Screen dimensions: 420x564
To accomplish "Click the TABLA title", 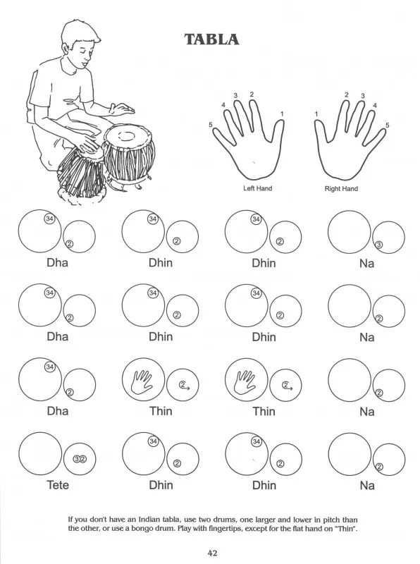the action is click(x=212, y=39).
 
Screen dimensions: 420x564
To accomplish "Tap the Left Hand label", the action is click(x=257, y=188).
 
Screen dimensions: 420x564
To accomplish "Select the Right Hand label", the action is click(x=341, y=188).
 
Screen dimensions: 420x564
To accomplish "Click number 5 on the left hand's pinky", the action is click(x=211, y=125).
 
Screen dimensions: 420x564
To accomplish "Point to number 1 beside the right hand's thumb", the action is click(x=316, y=114).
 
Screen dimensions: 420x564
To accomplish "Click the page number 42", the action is click(x=212, y=553).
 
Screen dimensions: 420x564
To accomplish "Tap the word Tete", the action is click(x=58, y=485).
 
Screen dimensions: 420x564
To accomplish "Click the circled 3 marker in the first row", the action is click(x=378, y=245).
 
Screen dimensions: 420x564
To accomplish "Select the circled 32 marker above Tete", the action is click(x=80, y=459).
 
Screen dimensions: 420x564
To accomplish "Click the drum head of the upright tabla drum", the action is click(x=125, y=136).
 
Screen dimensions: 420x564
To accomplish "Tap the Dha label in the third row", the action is click(x=58, y=411).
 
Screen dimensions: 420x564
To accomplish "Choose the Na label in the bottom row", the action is click(x=367, y=486).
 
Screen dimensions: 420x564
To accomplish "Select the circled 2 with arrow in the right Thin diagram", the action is click(x=287, y=386).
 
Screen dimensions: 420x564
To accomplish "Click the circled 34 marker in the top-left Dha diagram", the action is click(x=49, y=219).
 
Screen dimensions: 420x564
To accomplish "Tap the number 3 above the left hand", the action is click(x=235, y=95).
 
